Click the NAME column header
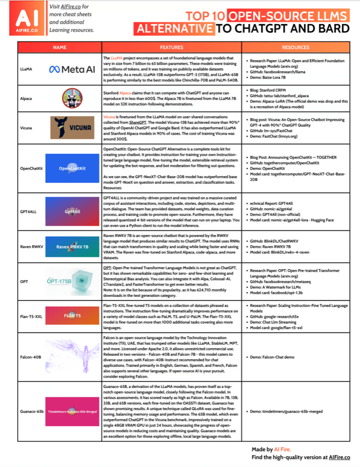(x=60, y=47)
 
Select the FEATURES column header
(x=171, y=47)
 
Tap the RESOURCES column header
(x=296, y=47)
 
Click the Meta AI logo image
(x=72, y=69)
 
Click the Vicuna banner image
(x=72, y=129)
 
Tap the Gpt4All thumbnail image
(x=72, y=211)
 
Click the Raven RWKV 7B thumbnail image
(x=72, y=246)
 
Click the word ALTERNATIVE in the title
(x=174, y=28)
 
